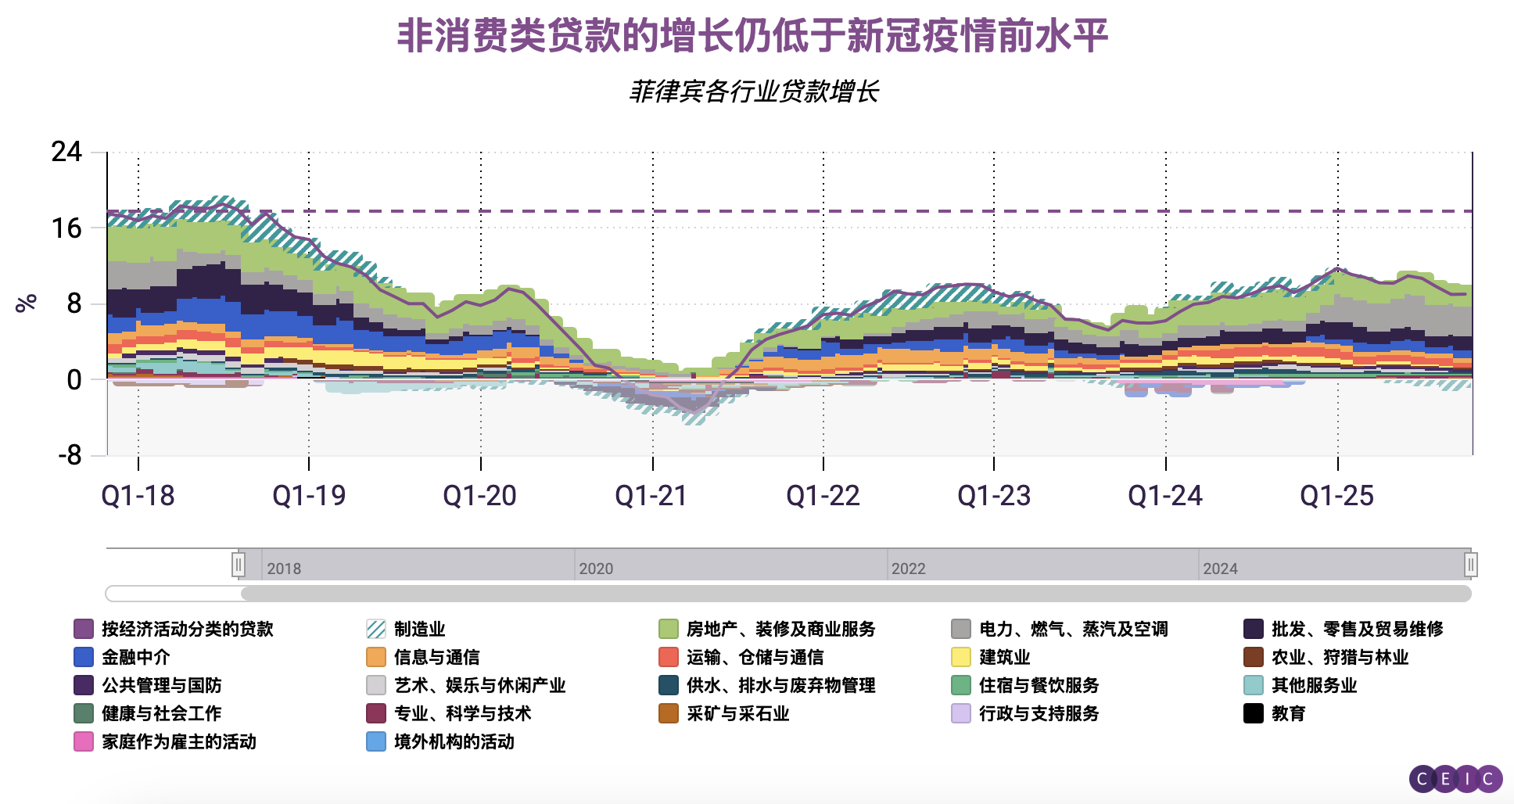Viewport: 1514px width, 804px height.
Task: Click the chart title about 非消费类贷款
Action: click(752, 36)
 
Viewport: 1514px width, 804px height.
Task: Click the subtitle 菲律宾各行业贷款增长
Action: click(754, 92)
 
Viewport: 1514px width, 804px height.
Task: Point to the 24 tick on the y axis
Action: click(66, 152)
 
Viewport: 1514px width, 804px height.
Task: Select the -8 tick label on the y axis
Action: click(70, 454)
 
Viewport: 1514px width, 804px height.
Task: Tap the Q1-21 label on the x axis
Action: click(651, 496)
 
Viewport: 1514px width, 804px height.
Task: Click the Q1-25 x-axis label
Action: click(1336, 496)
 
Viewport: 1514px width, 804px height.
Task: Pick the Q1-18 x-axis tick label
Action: click(138, 496)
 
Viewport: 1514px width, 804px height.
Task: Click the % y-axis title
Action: click(27, 303)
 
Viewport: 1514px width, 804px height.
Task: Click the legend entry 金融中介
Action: click(135, 657)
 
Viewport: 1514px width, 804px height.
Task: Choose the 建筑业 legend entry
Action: click(1004, 657)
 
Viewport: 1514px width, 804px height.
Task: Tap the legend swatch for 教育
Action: click(1254, 713)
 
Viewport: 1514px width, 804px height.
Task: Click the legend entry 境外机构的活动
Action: click(454, 741)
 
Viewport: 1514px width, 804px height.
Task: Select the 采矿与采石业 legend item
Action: click(737, 713)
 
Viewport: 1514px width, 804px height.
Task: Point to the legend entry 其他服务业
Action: click(1314, 685)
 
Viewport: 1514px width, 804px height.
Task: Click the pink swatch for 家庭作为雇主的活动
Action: click(84, 741)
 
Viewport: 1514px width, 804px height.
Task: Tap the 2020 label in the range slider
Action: click(596, 569)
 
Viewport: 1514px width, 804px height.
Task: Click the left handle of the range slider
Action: click(239, 564)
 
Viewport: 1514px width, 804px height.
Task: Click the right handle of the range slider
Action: click(1470, 564)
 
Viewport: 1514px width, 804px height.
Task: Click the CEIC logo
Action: click(1455, 779)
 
